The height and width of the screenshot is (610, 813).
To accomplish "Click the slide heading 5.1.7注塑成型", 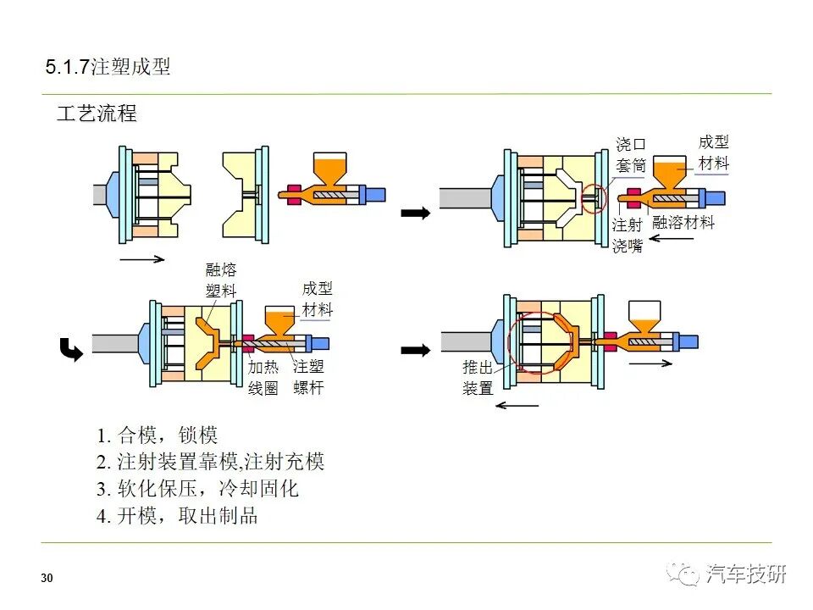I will [108, 67].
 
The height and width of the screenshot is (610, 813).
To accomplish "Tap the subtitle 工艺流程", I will [96, 114].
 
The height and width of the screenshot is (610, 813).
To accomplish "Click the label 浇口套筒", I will [630, 155].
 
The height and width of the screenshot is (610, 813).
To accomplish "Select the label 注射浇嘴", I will [627, 236].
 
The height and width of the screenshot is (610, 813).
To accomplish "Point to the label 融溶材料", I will [683, 223].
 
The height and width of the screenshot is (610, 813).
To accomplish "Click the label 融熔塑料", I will [221, 280].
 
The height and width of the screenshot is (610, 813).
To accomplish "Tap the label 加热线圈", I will [263, 378].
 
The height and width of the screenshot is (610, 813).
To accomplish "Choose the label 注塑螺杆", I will [308, 378].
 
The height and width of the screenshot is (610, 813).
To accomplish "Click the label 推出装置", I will [478, 378].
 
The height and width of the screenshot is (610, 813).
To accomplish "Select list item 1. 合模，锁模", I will [157, 435].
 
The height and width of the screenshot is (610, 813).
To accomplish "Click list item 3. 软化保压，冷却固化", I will [196, 489].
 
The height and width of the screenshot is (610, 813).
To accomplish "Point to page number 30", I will [47, 579].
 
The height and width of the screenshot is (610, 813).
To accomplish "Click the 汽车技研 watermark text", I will [745, 574].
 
